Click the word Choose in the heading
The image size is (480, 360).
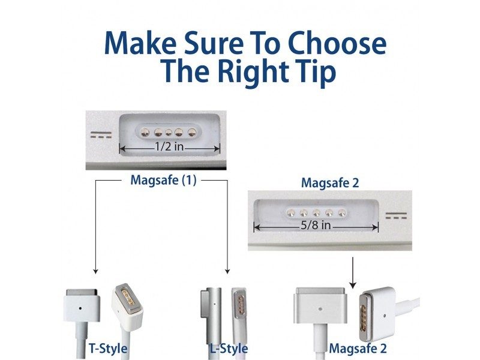pyautogui.click(x=337, y=43)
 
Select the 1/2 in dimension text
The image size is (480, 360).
pyautogui.click(x=169, y=146)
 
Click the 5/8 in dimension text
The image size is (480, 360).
pyautogui.click(x=316, y=226)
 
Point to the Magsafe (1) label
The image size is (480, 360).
pyautogui.click(x=163, y=180)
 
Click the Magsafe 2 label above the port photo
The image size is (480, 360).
pyautogui.click(x=329, y=183)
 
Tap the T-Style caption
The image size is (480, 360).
pyautogui.click(x=108, y=349)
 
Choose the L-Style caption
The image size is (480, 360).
pyautogui.click(x=229, y=349)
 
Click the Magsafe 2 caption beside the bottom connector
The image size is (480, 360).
pyautogui.click(x=358, y=349)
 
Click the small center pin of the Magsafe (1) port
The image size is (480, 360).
pyautogui.click(x=169, y=133)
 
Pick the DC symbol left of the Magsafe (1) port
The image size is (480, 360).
pyautogui.click(x=101, y=134)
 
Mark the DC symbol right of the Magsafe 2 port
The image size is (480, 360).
pyautogui.click(x=396, y=216)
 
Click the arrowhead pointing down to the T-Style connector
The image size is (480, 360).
pyautogui.click(x=95, y=271)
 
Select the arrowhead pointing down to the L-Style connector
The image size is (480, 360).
pyautogui.click(x=227, y=271)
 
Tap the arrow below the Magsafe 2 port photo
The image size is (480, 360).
pyautogui.click(x=353, y=273)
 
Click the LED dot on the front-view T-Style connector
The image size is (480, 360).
pyautogui.click(x=80, y=308)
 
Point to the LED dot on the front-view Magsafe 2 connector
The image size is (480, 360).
pyautogui.click(x=320, y=309)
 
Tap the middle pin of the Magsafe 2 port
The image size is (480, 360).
pyautogui.click(x=316, y=212)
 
